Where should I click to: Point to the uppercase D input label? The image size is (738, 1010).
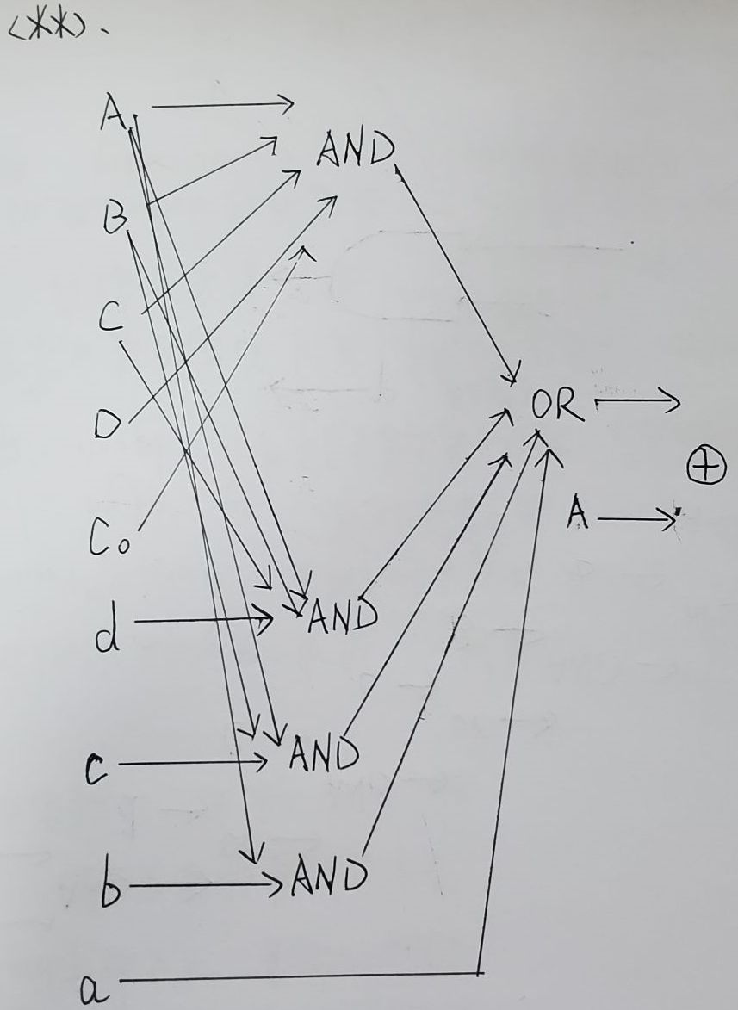tap(106, 424)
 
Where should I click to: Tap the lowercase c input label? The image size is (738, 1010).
tap(96, 769)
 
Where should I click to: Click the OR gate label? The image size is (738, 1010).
tap(557, 404)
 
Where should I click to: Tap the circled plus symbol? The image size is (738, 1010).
tap(706, 468)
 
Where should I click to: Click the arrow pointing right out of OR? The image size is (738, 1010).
tap(636, 402)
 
